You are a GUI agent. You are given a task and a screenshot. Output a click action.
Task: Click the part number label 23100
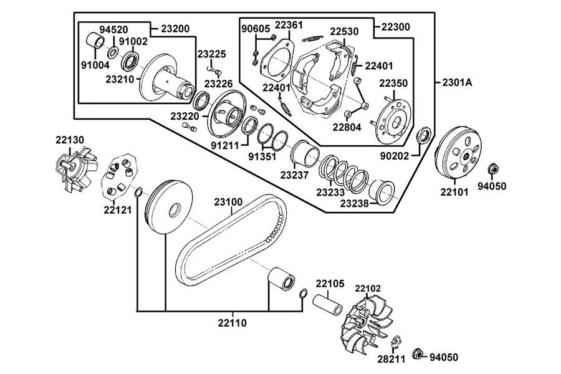coord(228,202)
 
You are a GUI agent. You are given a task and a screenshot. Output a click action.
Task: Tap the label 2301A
coord(457,82)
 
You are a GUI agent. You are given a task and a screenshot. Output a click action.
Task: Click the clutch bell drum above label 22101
coord(459,151)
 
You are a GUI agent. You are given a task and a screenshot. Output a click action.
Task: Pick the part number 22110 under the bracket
coord(233,323)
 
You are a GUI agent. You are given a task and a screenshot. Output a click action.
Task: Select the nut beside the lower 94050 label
coord(417,353)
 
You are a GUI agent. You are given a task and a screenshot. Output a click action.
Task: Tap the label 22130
coord(69,140)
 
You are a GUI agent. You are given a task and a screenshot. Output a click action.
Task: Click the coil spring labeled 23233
coord(344,173)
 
